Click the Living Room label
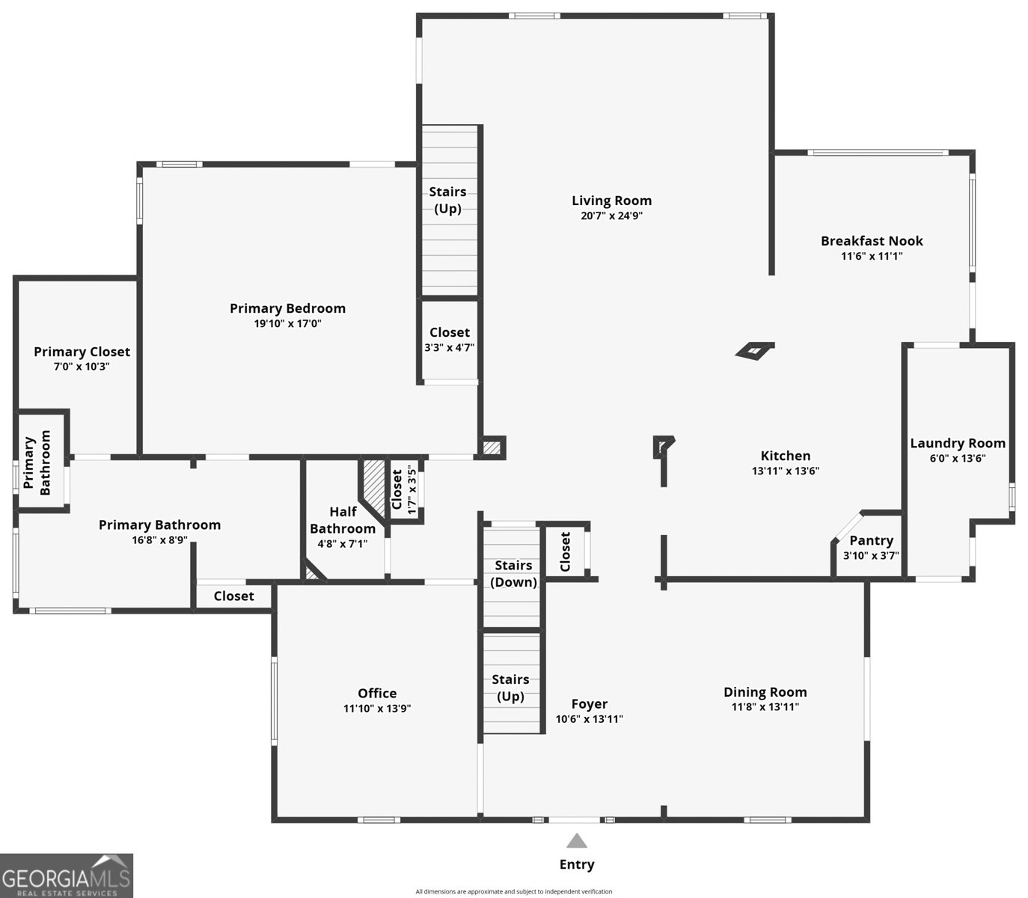(x=611, y=201)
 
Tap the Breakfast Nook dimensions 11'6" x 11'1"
(x=872, y=256)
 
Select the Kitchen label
(x=785, y=456)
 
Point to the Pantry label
(x=871, y=540)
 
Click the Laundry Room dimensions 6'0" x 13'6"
(x=957, y=458)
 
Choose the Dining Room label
(x=765, y=692)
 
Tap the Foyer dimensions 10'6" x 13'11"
(x=589, y=719)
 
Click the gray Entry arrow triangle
(x=576, y=841)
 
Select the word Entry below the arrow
(x=577, y=864)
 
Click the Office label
(x=377, y=693)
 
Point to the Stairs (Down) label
(x=514, y=573)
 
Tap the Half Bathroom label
(x=343, y=520)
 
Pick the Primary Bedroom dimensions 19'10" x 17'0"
(x=287, y=324)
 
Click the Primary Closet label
(x=82, y=352)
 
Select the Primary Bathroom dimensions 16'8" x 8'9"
(x=159, y=540)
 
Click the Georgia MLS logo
(x=67, y=876)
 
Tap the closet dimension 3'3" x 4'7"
(x=449, y=347)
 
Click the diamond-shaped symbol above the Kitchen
(x=754, y=350)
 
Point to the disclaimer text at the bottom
(x=513, y=891)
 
